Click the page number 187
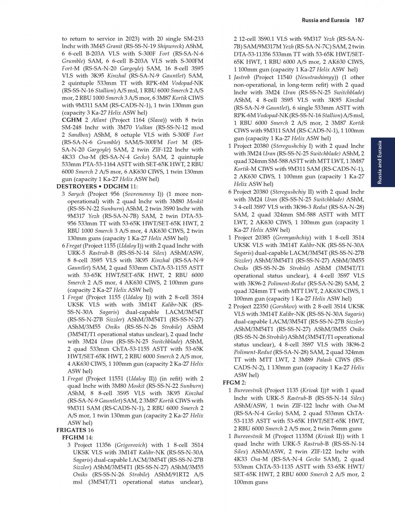pos(359,20)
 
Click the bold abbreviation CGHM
pos(72,120)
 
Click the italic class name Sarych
pos(76,194)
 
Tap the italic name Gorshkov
pos(284,306)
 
